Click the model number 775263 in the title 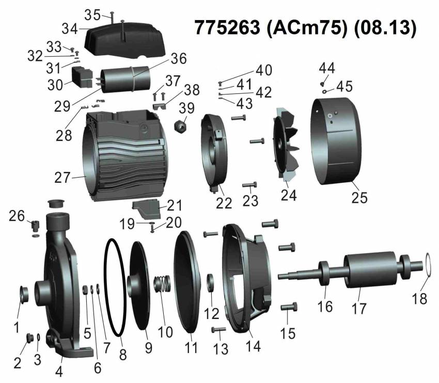point(227,27)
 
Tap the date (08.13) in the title point(385,28)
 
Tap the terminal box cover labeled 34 point(124,42)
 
